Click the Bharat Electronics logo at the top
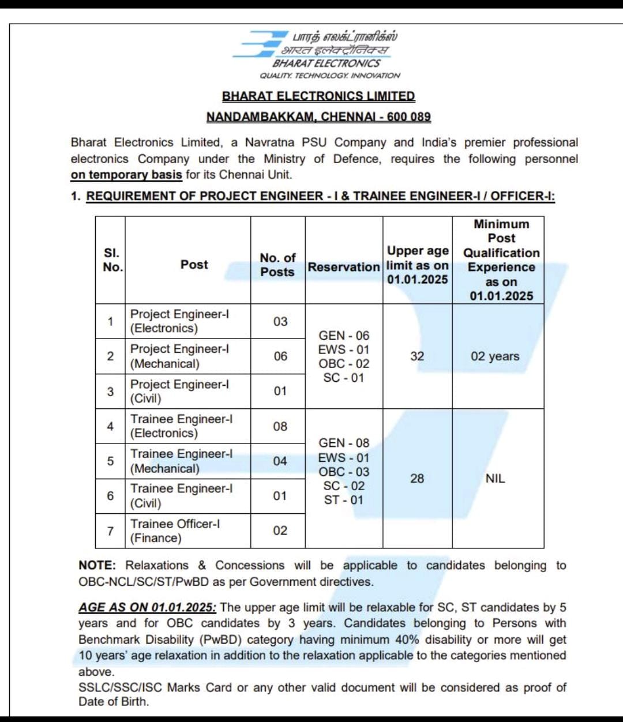[316, 54]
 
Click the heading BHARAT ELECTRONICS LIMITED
[318, 96]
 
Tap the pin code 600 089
[408, 117]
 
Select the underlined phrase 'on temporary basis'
[126, 175]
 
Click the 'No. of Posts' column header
[277, 265]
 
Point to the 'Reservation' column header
[343, 267]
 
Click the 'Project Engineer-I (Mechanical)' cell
[179, 356]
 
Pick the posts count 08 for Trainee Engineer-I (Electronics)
[280, 426]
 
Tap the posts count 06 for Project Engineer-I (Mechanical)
[280, 356]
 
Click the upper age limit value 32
[417, 356]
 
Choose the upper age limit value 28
[417, 478]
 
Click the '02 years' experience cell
[495, 356]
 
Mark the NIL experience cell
[495, 478]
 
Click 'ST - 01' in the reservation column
[344, 500]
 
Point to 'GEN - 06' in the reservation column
[344, 336]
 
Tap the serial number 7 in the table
[110, 531]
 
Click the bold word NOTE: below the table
[97, 566]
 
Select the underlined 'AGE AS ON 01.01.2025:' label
[147, 607]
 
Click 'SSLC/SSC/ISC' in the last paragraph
[121, 687]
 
